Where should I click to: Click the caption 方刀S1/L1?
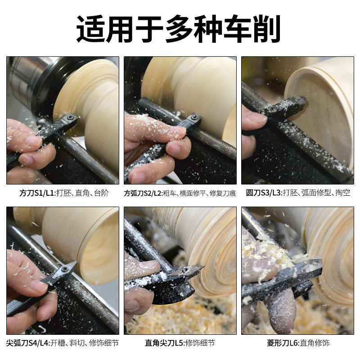(36, 193)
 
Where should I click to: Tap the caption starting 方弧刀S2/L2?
(180, 193)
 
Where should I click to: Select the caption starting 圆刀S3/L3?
(298, 193)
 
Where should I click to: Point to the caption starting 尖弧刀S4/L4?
(62, 343)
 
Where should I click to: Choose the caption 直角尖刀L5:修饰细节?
(180, 343)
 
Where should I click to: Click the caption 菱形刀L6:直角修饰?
(298, 343)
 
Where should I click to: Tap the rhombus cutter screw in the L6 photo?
(316, 262)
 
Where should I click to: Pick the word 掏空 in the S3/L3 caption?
(343, 193)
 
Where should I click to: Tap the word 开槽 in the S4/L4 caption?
(58, 343)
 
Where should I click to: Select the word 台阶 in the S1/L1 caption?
(101, 193)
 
